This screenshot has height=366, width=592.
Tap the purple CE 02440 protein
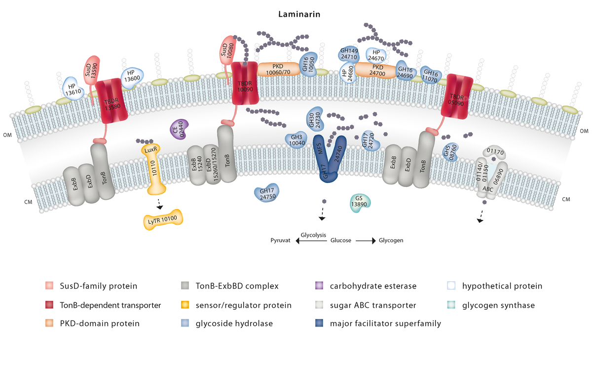pyautogui.click(x=179, y=129)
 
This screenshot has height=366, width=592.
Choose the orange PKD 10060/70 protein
pyautogui.click(x=278, y=69)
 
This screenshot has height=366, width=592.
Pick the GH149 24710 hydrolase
pyautogui.click(x=349, y=53)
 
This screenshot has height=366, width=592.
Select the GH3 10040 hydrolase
pyautogui.click(x=296, y=141)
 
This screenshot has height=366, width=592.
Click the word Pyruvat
pyautogui.click(x=282, y=241)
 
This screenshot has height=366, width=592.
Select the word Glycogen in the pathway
pyautogui.click(x=391, y=241)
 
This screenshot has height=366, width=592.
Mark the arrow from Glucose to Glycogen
pyautogui.click(x=366, y=241)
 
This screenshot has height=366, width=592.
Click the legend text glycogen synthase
pyautogui.click(x=498, y=305)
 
